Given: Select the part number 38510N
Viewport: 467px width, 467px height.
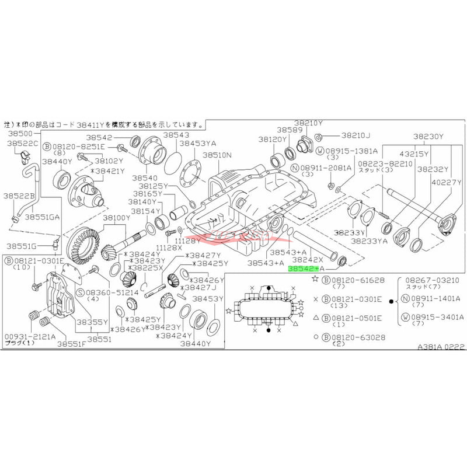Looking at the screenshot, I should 218,156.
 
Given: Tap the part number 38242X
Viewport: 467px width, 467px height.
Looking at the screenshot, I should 308,259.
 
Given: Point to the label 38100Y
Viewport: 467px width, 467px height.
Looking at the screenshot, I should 118,218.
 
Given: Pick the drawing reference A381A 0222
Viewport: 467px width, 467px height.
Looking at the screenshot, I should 441,346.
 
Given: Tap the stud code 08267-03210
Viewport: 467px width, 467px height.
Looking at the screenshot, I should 431,280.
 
